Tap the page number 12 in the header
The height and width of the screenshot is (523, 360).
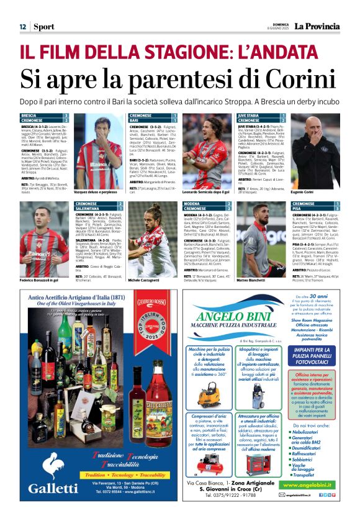tap(22, 27)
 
